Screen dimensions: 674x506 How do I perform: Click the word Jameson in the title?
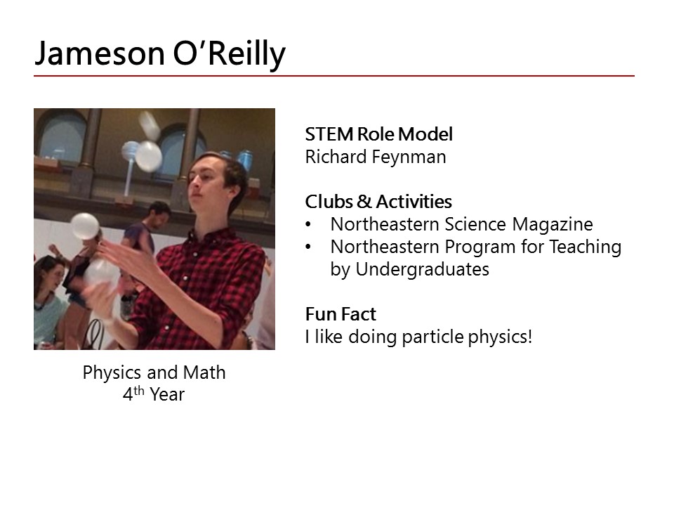[100, 53]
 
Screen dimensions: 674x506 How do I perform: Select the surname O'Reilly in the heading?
[229, 54]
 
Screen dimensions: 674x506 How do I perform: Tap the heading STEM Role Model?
[378, 134]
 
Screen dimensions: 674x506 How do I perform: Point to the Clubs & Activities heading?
[378, 202]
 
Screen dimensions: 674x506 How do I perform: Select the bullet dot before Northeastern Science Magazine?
[308, 224]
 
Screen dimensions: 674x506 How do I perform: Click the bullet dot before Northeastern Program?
[308, 247]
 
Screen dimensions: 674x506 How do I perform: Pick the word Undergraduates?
[422, 269]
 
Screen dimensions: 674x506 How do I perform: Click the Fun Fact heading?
[341, 314]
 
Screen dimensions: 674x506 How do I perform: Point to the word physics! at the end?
[500, 337]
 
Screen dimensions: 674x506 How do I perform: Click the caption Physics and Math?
[154, 372]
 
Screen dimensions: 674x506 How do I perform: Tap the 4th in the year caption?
[133, 394]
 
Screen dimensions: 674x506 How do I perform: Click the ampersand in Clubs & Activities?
[364, 202]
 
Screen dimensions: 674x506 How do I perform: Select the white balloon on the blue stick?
[148, 156]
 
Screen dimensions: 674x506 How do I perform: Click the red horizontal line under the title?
[334, 76]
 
